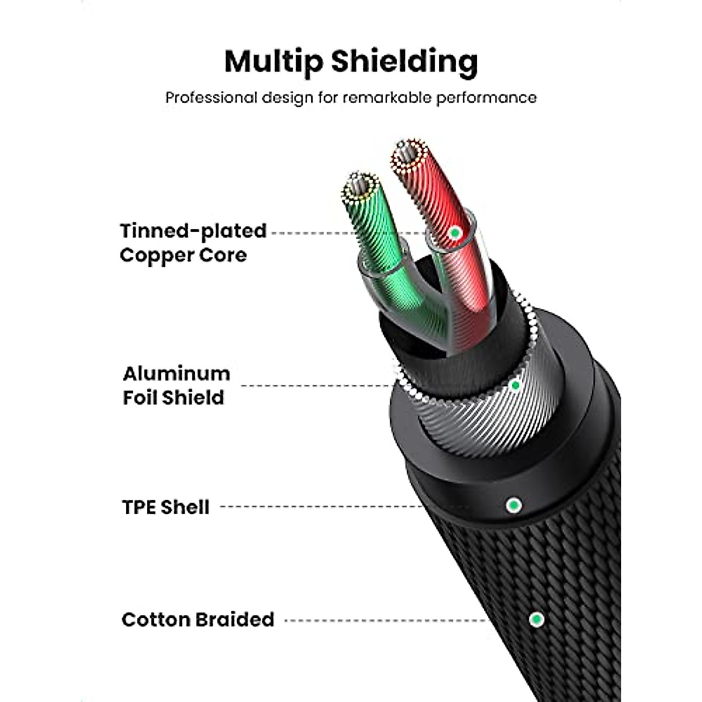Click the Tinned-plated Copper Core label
[x=192, y=243]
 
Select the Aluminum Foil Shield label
[x=175, y=385]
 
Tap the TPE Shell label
[x=166, y=507]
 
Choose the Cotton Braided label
[x=198, y=619]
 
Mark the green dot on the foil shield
[x=515, y=385]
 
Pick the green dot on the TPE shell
[x=513, y=504]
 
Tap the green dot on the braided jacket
[x=536, y=619]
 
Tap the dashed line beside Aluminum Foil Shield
[x=316, y=386]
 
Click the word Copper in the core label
[x=155, y=256]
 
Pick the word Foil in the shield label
[x=140, y=398]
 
